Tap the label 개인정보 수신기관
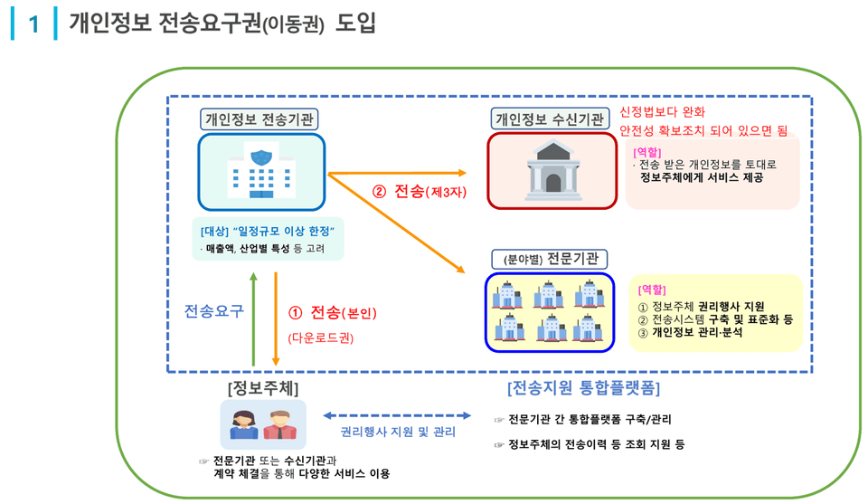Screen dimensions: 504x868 pos(551,119)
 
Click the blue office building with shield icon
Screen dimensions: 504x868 pos(261,172)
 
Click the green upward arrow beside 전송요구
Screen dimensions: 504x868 pos(255,312)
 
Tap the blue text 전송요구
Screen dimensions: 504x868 pos(214,311)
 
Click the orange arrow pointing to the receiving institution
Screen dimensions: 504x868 pos(398,172)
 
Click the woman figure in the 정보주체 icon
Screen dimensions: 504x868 pos(243,425)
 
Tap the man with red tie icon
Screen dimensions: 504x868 pos(280,425)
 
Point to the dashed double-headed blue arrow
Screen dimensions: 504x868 pos(398,416)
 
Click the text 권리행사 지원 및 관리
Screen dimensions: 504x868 pos(398,433)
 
